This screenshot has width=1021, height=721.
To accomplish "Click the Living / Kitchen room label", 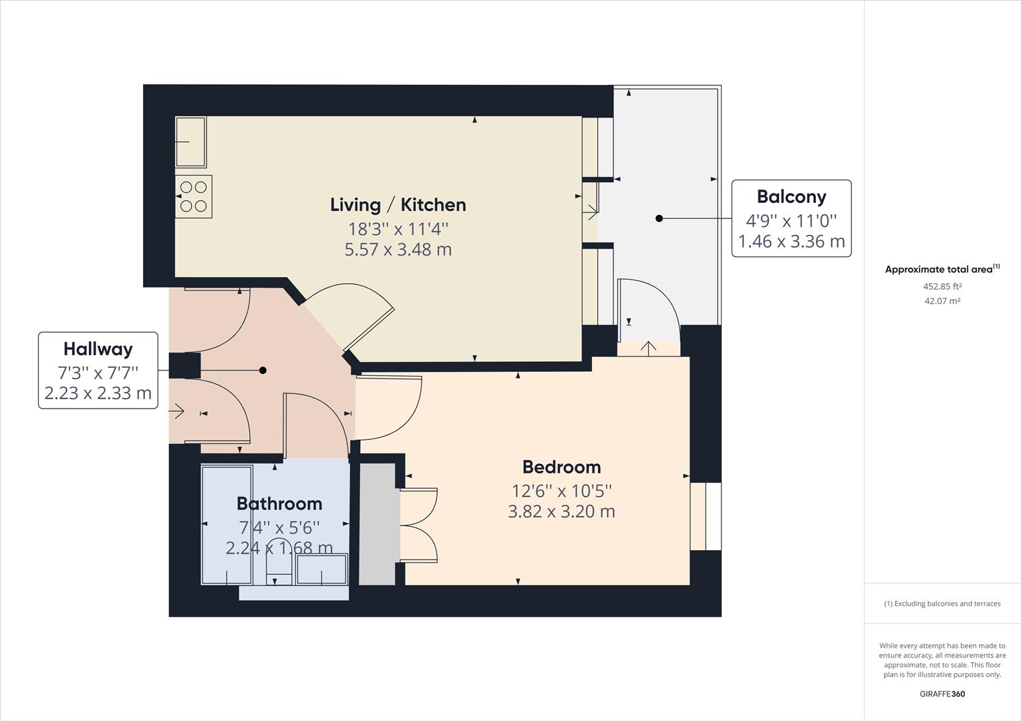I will pyautogui.click(x=398, y=205).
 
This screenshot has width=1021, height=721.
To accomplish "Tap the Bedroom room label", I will pyautogui.click(x=561, y=467).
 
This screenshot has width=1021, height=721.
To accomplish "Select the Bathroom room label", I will pyautogui.click(x=279, y=503).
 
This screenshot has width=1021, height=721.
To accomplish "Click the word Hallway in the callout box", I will pyautogui.click(x=98, y=348).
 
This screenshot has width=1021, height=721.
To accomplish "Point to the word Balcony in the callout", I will pyautogui.click(x=791, y=196).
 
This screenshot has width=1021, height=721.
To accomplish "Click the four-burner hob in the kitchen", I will pyautogui.click(x=194, y=196).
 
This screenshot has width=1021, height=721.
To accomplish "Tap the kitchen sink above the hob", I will pyautogui.click(x=190, y=142).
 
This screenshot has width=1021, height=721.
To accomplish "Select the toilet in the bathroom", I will pyautogui.click(x=279, y=561).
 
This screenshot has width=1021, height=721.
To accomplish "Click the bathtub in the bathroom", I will pyautogui.click(x=227, y=525).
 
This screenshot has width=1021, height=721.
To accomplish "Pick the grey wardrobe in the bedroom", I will pyautogui.click(x=378, y=524).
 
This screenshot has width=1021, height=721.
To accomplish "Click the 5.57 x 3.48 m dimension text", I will pyautogui.click(x=398, y=250).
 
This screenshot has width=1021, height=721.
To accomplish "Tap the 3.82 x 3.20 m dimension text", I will pyautogui.click(x=561, y=511).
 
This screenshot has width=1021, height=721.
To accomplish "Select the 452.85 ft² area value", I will pyautogui.click(x=942, y=286).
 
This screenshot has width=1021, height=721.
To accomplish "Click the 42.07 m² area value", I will pyautogui.click(x=942, y=301).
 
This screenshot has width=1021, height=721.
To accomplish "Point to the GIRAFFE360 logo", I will pyautogui.click(x=942, y=694).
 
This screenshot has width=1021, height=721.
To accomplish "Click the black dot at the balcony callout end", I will pyautogui.click(x=659, y=218).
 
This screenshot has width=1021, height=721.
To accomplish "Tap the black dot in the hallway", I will pyautogui.click(x=263, y=370).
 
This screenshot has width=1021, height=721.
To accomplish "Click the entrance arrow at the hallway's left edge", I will pyautogui.click(x=177, y=412).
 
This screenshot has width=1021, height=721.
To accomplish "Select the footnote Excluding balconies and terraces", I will pyautogui.click(x=942, y=604).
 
